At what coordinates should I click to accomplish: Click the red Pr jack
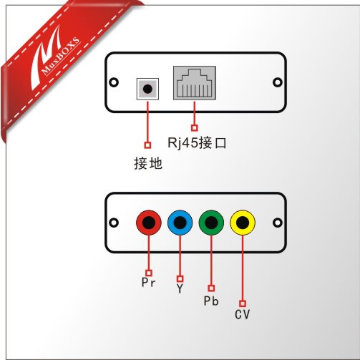149,223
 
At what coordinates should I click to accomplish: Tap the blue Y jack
180,223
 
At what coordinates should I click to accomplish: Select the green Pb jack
211,223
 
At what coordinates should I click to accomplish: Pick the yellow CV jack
243,223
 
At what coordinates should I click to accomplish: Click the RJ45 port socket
195,83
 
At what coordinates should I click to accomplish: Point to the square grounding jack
147,89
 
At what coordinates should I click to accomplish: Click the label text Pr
148,283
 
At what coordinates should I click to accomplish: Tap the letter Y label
180,288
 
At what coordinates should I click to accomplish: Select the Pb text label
211,301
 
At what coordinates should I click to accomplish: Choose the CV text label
243,314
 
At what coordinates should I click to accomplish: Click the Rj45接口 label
197,143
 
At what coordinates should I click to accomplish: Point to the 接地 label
148,163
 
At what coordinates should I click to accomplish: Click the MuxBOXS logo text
61,57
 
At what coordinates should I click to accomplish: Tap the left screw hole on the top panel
114,82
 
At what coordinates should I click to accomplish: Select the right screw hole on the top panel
277,82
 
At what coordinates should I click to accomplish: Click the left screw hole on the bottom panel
114,223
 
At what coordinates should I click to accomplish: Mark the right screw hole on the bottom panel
277,223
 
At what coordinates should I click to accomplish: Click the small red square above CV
243,303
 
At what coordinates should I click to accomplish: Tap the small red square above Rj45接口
195,128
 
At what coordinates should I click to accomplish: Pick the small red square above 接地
147,145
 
